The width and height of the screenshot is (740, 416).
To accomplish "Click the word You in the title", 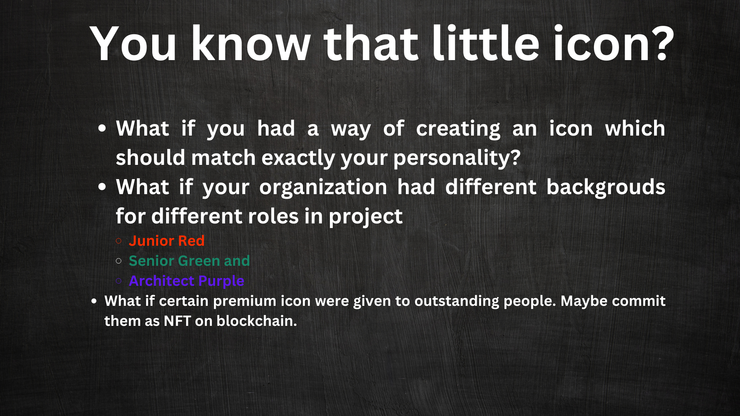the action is (133, 44).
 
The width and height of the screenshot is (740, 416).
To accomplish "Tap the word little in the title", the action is (486, 42).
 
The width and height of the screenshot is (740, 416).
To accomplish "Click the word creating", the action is (458, 129).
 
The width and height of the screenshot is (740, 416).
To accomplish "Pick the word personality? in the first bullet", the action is (457, 158).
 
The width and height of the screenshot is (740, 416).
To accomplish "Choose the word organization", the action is (323, 188).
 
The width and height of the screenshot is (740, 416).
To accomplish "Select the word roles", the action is (273, 216).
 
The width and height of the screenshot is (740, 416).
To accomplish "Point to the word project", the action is (366, 217).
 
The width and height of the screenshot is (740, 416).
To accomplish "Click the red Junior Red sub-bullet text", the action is (166, 241).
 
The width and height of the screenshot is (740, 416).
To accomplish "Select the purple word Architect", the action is (161, 281).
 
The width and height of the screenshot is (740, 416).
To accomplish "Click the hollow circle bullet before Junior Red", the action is (119, 241).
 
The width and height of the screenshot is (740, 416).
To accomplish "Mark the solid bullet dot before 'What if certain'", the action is (94, 301).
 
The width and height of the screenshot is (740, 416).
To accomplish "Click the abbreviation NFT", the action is (177, 321).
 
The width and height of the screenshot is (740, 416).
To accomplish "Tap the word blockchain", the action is (257, 321).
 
